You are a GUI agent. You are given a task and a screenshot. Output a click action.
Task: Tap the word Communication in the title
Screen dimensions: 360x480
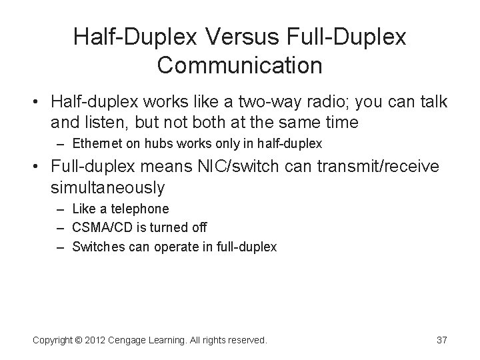pyautogui.click(x=240, y=65)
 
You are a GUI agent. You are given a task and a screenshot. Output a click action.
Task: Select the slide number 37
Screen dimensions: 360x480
pyautogui.click(x=441, y=340)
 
